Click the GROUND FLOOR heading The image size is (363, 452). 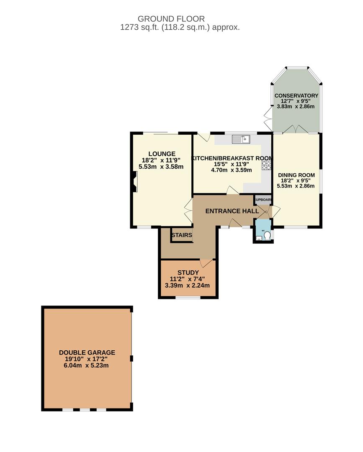pos(171,19)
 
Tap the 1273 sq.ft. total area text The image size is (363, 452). pos(180,27)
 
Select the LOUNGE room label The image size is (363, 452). pos(162,154)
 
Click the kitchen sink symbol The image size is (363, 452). pos(241,139)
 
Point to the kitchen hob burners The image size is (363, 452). pos(266,165)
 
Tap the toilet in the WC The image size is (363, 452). pos(267,236)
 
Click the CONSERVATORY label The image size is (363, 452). pos(296,96)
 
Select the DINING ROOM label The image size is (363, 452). pos(296,175)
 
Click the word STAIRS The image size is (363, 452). pos(182,235)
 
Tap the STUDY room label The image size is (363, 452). pos(188,272)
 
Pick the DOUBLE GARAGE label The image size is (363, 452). pos(87,352)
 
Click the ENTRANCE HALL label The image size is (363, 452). pos(232,211)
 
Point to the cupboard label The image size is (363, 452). pos(263,200)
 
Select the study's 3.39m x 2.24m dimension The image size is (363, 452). pos(187,286)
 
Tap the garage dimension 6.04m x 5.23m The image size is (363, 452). pos(86,365)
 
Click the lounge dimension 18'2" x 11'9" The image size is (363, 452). pos(161,160)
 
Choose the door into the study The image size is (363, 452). pos(206,263)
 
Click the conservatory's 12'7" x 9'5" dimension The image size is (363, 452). pos(296,101)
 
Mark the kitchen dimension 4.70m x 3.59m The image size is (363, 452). pos(231,170)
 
